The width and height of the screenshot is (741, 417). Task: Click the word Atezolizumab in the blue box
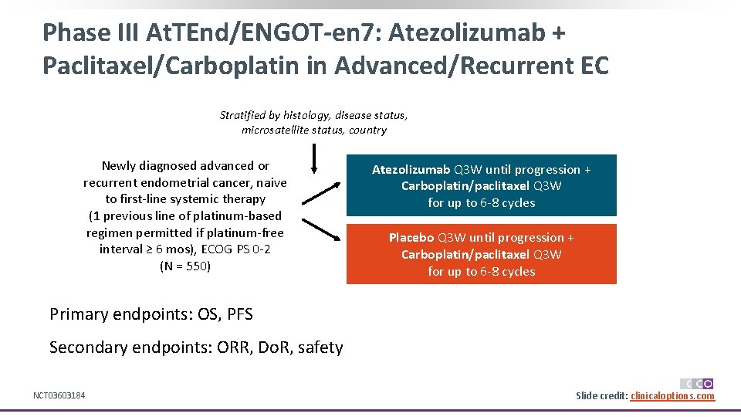[x=411, y=170]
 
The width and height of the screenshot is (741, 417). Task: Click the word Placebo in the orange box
[x=412, y=238]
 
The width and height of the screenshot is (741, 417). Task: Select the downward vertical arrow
[x=314, y=159]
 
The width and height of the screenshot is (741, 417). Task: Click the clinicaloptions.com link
[x=672, y=396]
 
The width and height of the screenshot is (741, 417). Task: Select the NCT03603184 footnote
[x=59, y=396]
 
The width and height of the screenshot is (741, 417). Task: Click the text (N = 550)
[x=184, y=266]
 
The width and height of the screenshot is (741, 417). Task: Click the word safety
[x=320, y=347]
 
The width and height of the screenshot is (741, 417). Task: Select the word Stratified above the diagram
[x=243, y=115]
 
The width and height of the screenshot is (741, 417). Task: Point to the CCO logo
[x=696, y=383]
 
